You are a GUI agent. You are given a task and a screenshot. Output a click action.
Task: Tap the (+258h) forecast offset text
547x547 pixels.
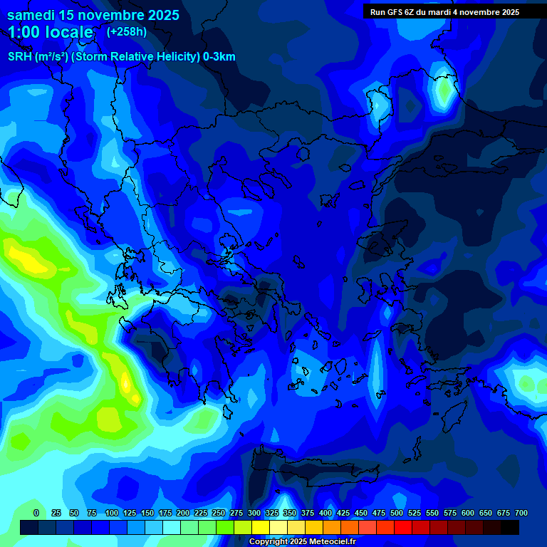tap(127, 31)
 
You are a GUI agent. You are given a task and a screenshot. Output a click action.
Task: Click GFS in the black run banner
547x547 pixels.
tap(396, 12)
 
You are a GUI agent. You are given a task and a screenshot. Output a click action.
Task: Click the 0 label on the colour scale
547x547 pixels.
tap(36, 513)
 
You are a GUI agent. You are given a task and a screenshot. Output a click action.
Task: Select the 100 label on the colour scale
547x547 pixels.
tap(112, 513)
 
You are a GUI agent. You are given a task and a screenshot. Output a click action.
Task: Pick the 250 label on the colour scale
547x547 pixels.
tap(219, 513)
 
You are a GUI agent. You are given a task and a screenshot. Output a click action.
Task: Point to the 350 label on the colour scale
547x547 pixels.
tap(290, 513)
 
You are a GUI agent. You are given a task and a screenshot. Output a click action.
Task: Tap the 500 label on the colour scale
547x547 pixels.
tap(397, 513)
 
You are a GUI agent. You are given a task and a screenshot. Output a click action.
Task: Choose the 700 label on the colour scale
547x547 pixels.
tap(521, 513)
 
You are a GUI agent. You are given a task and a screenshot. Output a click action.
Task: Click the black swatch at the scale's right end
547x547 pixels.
tap(510, 527)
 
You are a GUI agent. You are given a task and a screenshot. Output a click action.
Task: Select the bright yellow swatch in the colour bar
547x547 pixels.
tap(261, 527)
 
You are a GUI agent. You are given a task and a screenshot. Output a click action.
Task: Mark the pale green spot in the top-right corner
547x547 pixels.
tap(446, 90)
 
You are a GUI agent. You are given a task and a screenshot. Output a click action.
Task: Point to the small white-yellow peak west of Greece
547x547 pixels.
tap(126, 382)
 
